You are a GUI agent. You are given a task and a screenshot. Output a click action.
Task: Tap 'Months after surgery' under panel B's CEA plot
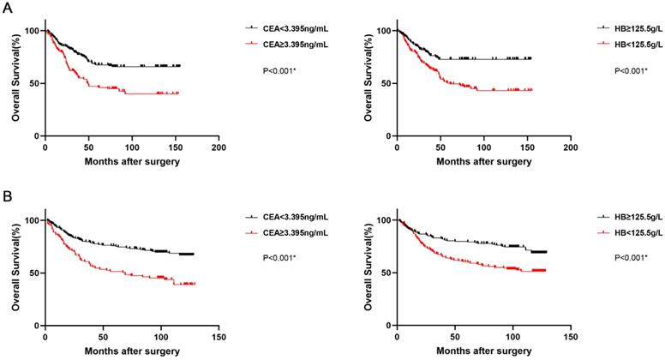point(131,351)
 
